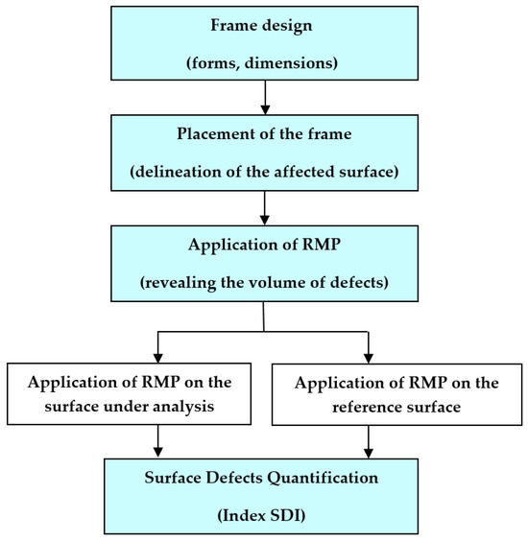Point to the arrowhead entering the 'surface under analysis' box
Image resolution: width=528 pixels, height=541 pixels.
click(x=156, y=356)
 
